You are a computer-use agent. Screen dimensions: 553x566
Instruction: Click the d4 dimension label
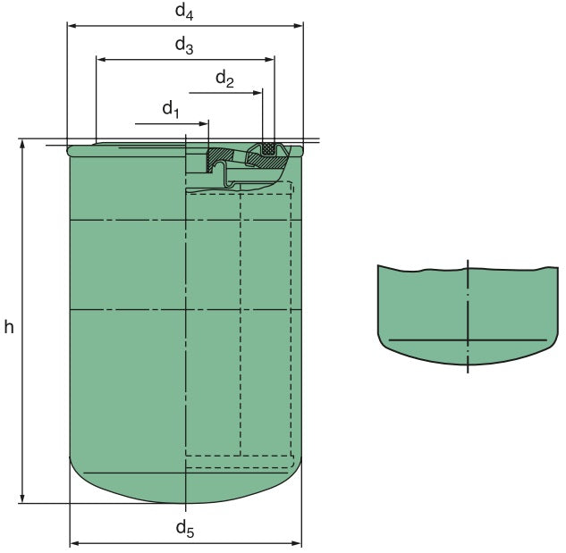point(183,12)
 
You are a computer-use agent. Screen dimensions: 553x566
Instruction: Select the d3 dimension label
point(183,46)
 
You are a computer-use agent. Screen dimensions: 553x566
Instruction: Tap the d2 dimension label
point(224,80)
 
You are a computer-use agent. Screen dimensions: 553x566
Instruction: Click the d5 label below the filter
point(184,529)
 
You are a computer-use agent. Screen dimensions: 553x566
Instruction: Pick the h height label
point(8,327)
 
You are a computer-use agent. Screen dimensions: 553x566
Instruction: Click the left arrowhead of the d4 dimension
point(72,25)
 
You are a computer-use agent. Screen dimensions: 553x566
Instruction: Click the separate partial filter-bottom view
point(466,313)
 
